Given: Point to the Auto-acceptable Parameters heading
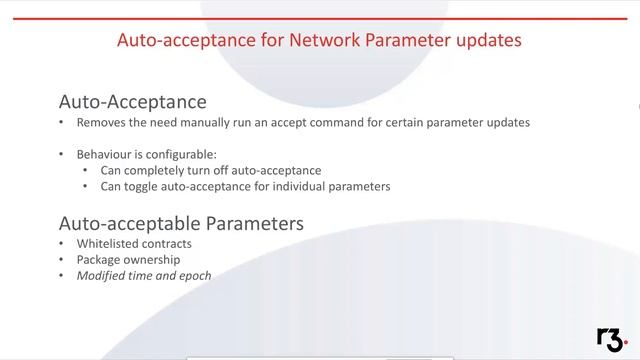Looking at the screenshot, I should click(x=181, y=223).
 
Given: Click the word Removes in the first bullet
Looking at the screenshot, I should click(x=101, y=123).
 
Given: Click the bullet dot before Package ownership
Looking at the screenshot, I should click(x=62, y=260).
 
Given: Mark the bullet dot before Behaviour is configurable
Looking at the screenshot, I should click(x=62, y=155).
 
